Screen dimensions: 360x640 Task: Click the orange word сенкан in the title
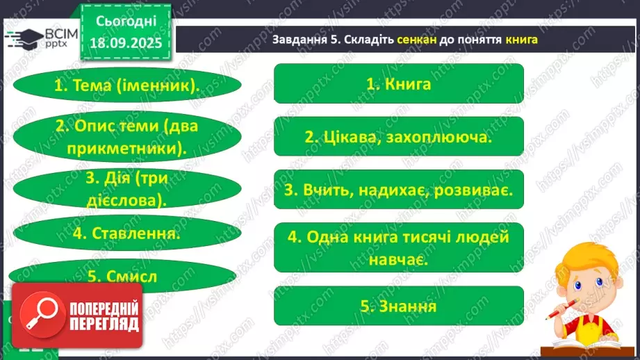pos(418,40)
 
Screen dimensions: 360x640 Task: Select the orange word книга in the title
pos(523,40)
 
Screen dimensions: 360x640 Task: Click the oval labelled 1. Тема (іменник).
pos(126,86)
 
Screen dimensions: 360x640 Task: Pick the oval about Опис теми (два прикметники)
pos(126,137)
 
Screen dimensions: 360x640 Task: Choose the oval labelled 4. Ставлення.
pos(126,234)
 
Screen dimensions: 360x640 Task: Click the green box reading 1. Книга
pos(399,84)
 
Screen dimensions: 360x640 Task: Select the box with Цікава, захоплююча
pos(399,137)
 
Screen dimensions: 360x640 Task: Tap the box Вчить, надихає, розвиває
pos(399,189)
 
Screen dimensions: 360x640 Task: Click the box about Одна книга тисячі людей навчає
pos(399,247)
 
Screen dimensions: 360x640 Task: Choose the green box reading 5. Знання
pos(399,306)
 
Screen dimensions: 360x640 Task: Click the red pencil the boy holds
pos(563,311)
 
